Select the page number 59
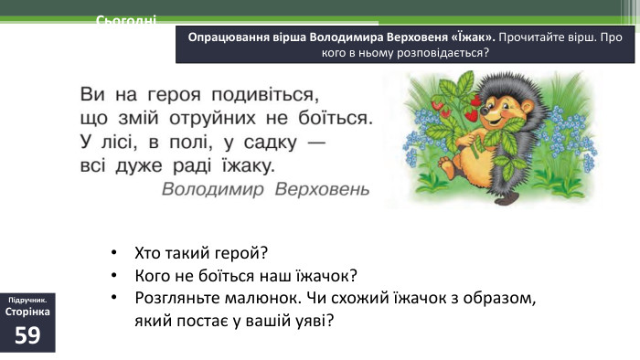point(27,335)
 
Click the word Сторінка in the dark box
point(27,312)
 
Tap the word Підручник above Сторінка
point(27,300)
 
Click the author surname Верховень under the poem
point(322,189)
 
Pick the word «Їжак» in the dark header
point(471,37)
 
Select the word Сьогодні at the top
point(126,20)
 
